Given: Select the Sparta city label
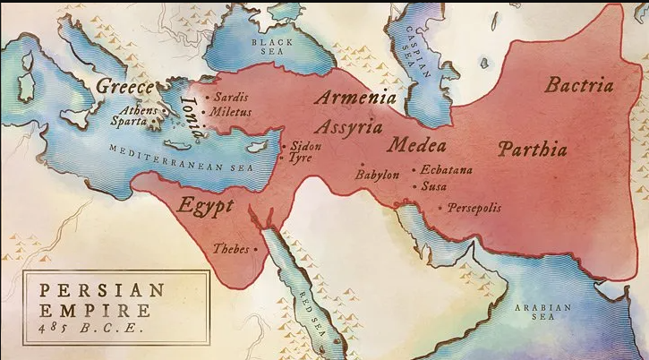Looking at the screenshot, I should (x=129, y=121).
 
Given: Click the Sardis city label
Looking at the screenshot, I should (x=231, y=97).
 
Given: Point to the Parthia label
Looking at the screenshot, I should (x=533, y=148).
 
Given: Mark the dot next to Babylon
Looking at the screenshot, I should (x=360, y=166).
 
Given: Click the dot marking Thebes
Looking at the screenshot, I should (x=257, y=249).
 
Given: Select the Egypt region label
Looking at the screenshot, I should (x=206, y=204).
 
